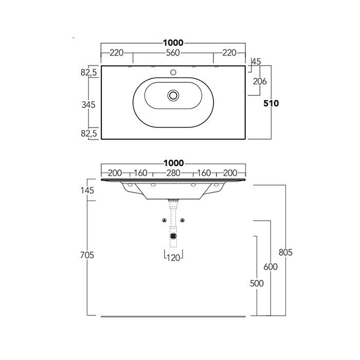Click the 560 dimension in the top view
[x=173, y=52]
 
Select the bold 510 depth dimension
[x=271, y=103]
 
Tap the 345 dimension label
[x=89, y=105]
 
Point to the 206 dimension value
[x=259, y=81]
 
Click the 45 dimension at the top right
[x=256, y=62]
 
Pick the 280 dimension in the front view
[x=173, y=173]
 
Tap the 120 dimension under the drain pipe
[x=173, y=258]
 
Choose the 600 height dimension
[x=271, y=267]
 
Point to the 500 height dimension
[x=257, y=283]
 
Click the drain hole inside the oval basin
[x=173, y=95]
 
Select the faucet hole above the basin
[x=173, y=73]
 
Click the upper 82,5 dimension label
[x=89, y=73]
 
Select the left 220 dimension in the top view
[x=117, y=52]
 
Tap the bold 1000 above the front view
[x=173, y=163]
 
